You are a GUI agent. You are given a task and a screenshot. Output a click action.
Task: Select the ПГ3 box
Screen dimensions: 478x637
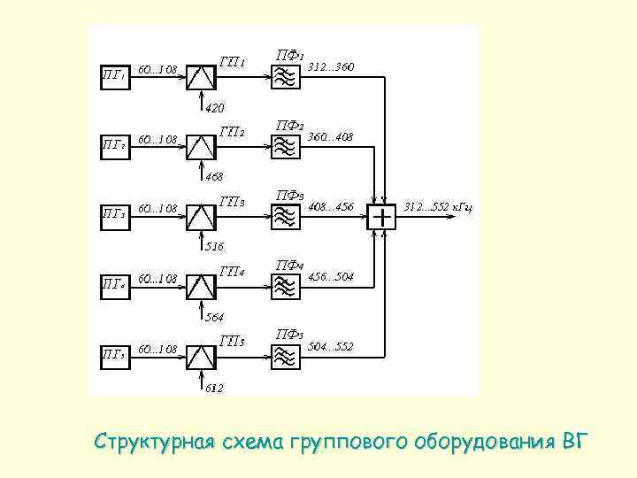tap(114, 213)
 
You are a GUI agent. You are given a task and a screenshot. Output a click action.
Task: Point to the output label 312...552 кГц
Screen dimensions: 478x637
tap(438, 206)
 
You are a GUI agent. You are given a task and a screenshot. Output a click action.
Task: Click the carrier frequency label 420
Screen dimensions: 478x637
tap(215, 108)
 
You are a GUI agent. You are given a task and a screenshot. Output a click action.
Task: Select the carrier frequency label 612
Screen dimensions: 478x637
tap(214, 388)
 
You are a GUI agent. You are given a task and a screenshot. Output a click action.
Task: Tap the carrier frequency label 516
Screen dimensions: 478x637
tap(215, 246)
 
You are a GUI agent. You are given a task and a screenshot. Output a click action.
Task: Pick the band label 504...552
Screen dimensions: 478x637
tap(330, 346)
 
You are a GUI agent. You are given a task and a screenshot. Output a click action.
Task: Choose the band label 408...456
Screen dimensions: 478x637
tap(330, 206)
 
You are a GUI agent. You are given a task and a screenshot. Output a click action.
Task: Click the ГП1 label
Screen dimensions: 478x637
tap(233, 62)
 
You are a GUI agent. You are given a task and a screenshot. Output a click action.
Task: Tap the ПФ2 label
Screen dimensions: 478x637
tap(290, 125)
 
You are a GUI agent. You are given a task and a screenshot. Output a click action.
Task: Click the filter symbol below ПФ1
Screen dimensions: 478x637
tap(285, 78)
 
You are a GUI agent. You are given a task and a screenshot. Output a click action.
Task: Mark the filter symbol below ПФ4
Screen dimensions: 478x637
tap(285, 286)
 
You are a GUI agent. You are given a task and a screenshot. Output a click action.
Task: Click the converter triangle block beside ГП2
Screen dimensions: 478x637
tap(203, 147)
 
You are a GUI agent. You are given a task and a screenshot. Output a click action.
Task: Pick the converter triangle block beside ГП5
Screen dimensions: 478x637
tap(203, 356)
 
